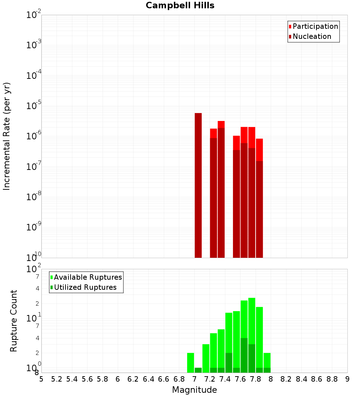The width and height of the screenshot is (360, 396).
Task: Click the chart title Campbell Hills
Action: point(180,6)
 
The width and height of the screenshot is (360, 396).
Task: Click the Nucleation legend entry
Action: point(311,37)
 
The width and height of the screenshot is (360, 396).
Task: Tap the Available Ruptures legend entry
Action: point(87,278)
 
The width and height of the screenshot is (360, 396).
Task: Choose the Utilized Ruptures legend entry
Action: point(85,288)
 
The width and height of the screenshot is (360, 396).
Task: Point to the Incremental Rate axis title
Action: point(7,136)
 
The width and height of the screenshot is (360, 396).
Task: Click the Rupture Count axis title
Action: point(14,321)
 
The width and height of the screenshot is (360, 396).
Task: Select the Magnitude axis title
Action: point(194,390)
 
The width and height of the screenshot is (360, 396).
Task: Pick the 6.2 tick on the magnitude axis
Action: point(133,379)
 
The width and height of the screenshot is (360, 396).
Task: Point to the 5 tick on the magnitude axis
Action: point(41,379)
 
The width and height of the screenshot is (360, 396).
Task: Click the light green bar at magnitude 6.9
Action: point(190,363)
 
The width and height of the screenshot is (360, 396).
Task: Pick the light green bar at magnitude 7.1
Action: point(206,358)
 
